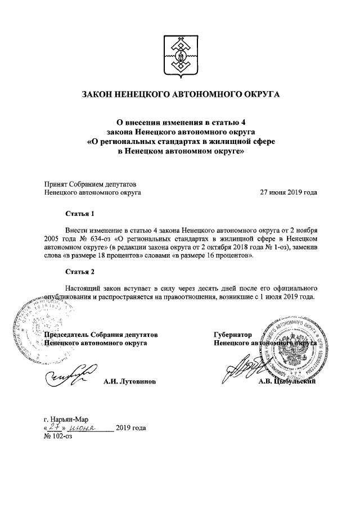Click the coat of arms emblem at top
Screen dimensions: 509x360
[x=180, y=55]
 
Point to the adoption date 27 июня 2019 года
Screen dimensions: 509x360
[x=288, y=192]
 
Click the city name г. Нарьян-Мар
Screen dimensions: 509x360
[x=65, y=418]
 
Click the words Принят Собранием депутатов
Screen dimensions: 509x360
[x=89, y=183]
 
